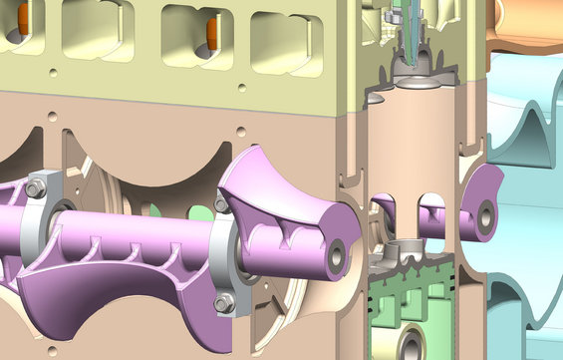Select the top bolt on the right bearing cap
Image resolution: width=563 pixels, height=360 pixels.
221,204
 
